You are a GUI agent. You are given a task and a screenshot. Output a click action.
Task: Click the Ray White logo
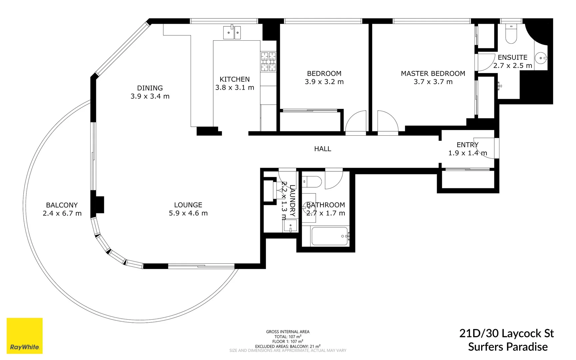coord(25,336)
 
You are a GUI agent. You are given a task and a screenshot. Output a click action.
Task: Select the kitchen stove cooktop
coord(268,61)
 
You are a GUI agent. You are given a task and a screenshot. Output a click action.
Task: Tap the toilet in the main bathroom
coord(312,182)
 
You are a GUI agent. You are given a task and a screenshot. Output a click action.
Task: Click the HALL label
coord(322,149)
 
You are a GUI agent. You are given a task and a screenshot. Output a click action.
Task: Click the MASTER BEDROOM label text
coord(433,74)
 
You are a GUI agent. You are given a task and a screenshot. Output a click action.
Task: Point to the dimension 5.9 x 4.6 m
coord(188,213)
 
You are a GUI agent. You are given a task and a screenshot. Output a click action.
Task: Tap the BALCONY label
coord(62,205)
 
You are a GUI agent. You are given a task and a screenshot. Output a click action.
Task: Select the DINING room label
coord(150,88)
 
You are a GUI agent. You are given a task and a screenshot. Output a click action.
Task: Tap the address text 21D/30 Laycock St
coord(506,333)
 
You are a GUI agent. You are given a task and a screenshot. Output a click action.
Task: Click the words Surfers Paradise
coord(508,347)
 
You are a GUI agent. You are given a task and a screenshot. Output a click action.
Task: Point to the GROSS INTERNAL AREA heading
coord(288,332)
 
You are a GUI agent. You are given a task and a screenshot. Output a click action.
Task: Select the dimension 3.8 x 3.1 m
coord(235,88)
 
